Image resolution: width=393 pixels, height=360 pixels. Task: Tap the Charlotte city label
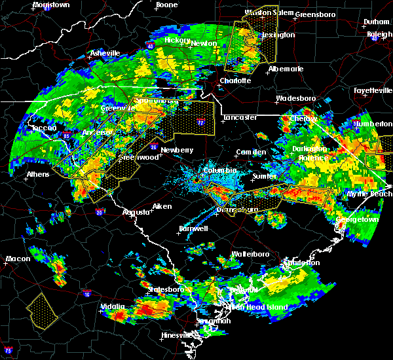coord(235,81)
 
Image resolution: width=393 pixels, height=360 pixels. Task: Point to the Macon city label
coord(18,259)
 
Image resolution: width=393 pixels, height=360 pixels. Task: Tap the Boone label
coord(166,5)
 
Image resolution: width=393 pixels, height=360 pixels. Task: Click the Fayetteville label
coord(371,90)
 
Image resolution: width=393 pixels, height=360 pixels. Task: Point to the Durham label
coord(377,22)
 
